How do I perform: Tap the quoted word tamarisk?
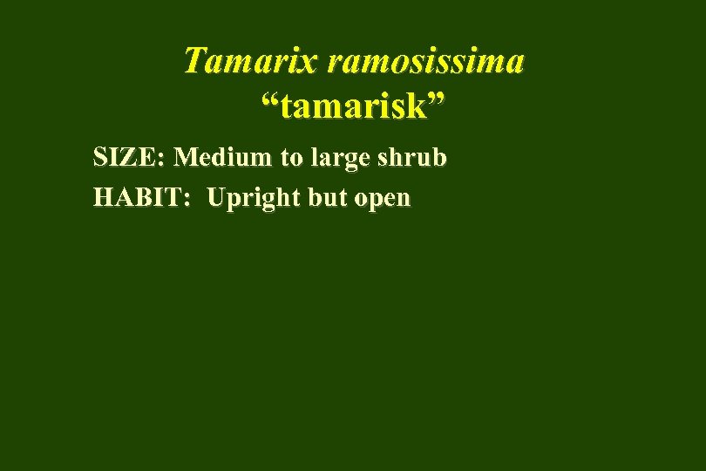[x=353, y=110]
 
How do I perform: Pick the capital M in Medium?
[x=186, y=158]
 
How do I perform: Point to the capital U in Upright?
[x=216, y=198]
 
